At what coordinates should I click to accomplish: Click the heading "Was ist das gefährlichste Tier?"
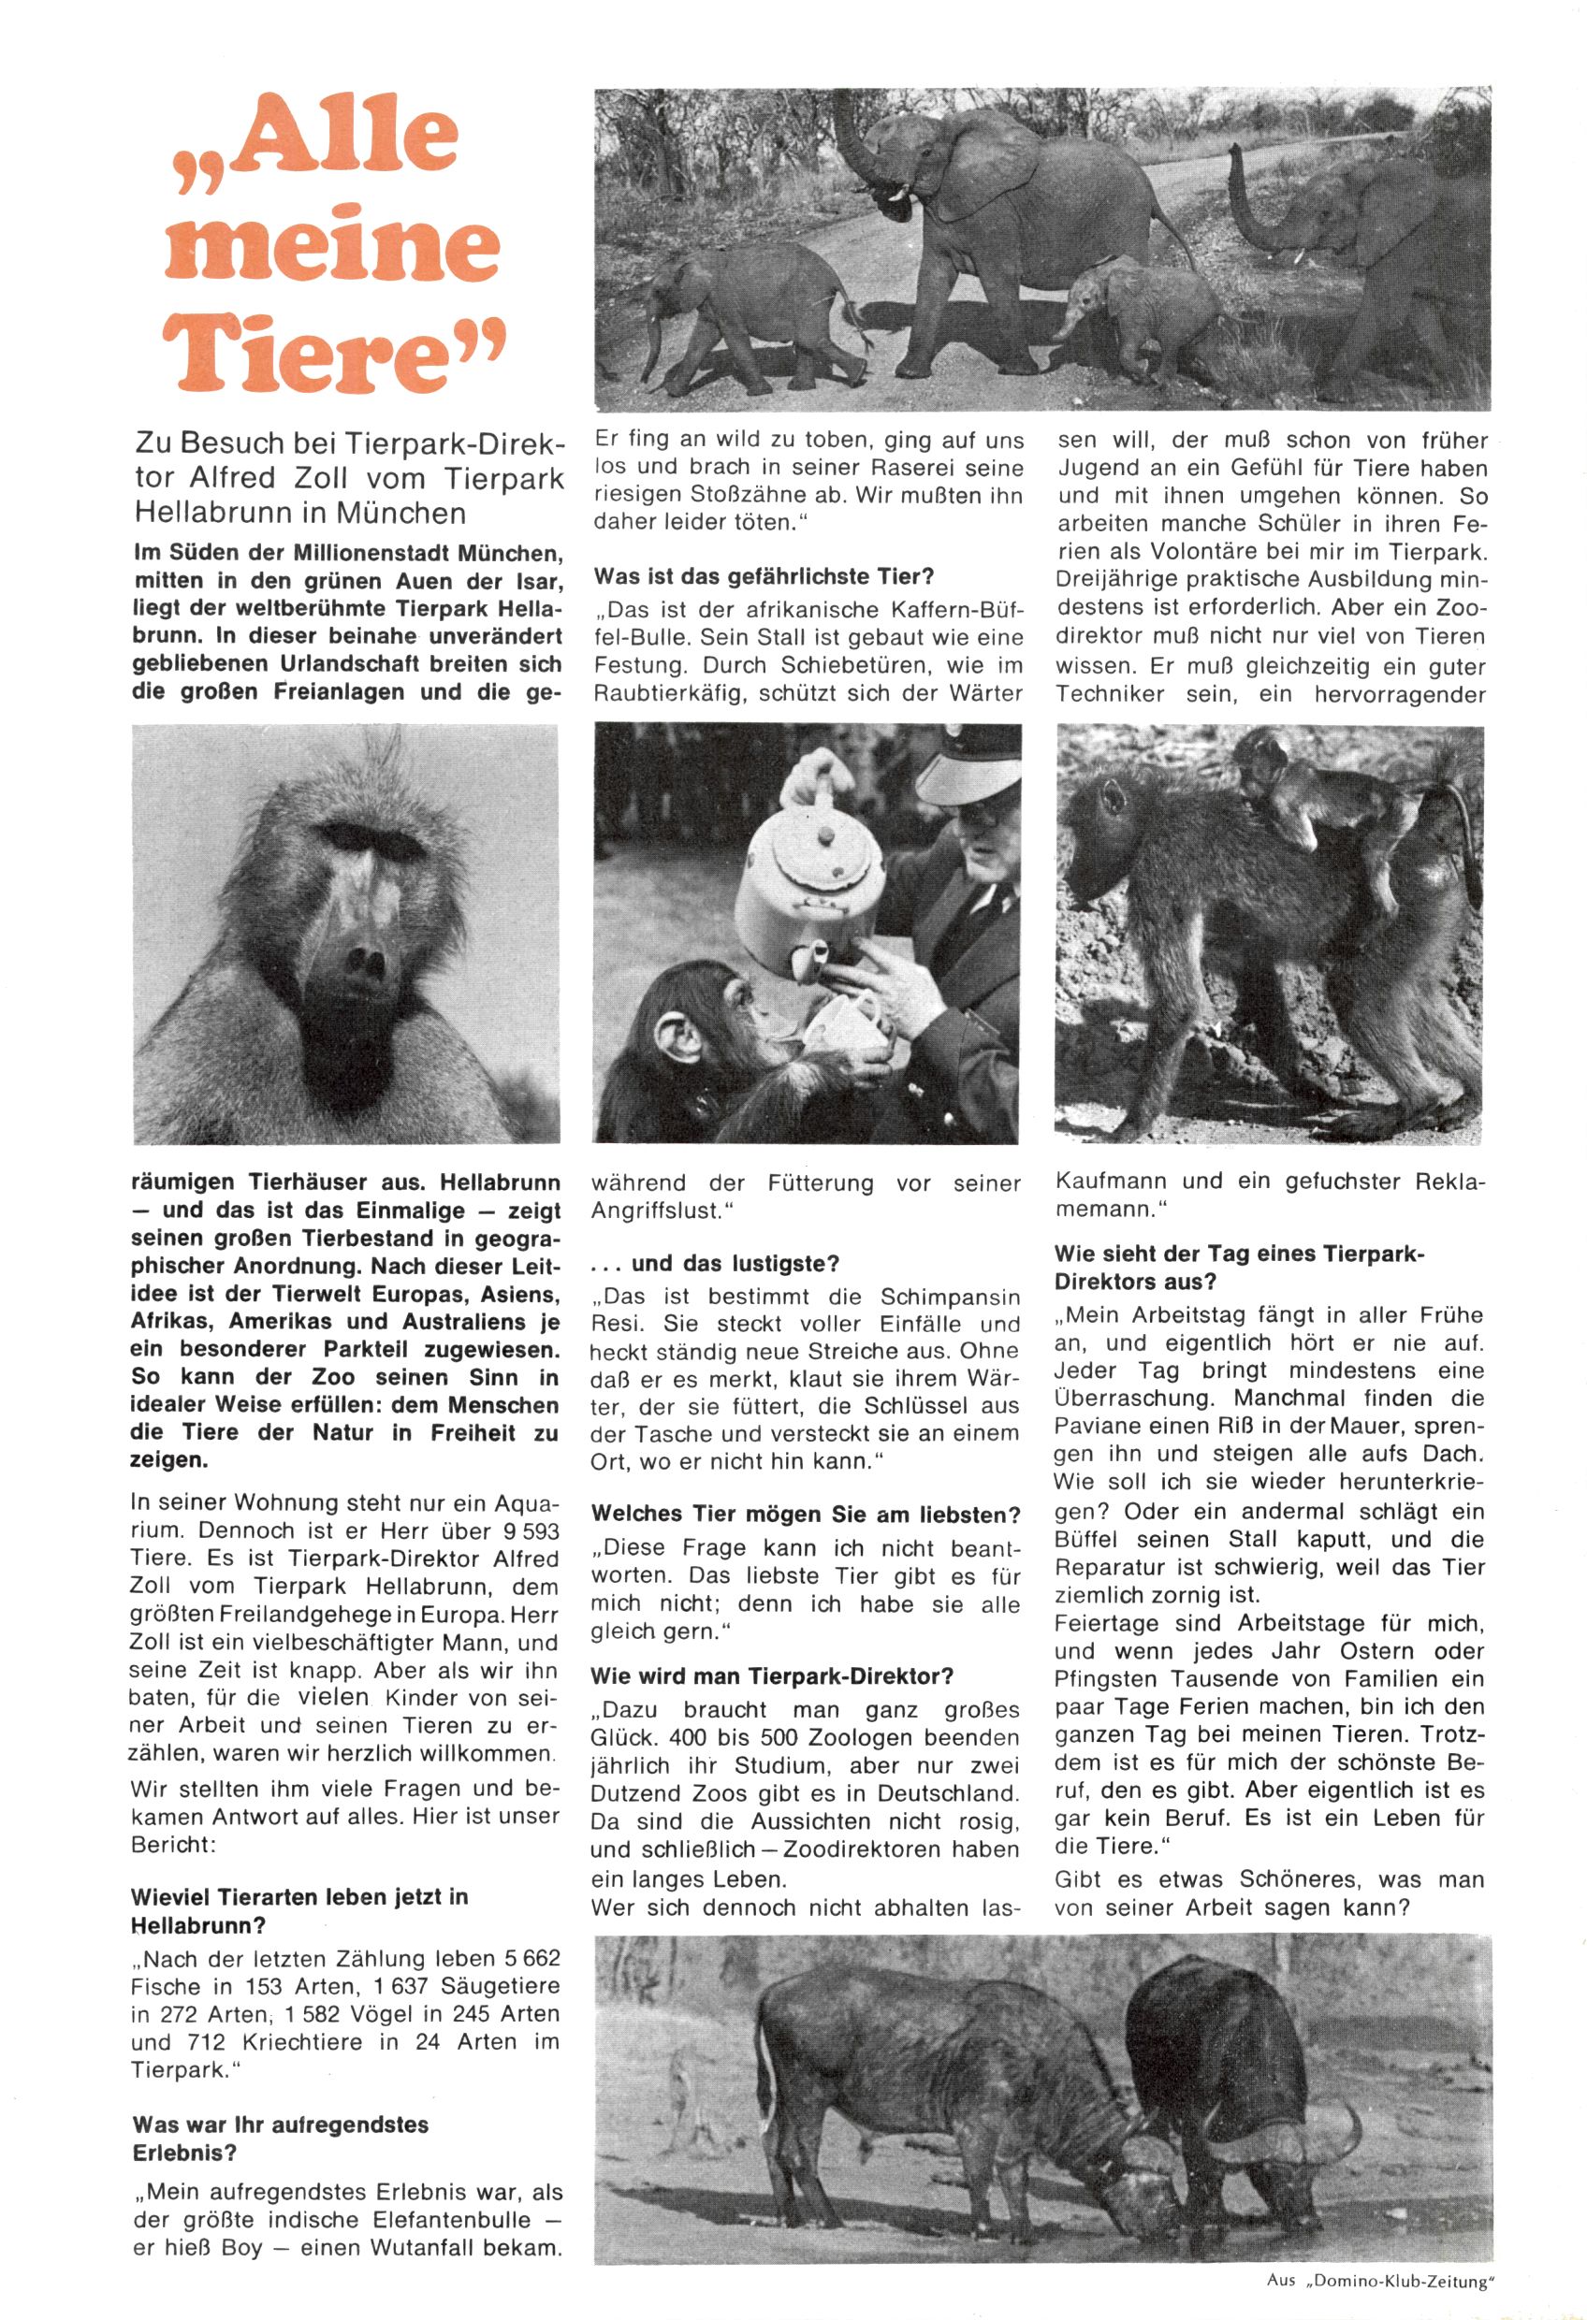click(764, 577)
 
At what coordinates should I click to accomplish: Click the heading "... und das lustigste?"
click(715, 1264)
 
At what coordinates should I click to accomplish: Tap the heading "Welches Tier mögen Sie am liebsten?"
click(805, 1515)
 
